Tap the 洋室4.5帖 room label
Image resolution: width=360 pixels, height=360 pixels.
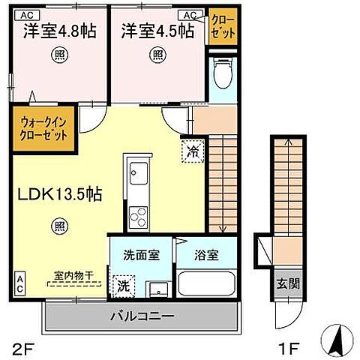tap(157, 31)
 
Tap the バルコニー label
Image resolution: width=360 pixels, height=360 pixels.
tap(142, 316)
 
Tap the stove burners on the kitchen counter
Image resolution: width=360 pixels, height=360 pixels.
tap(137, 217)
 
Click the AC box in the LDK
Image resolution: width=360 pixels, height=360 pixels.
tap(20, 283)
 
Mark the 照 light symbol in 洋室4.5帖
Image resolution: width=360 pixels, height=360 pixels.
tap(157, 54)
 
